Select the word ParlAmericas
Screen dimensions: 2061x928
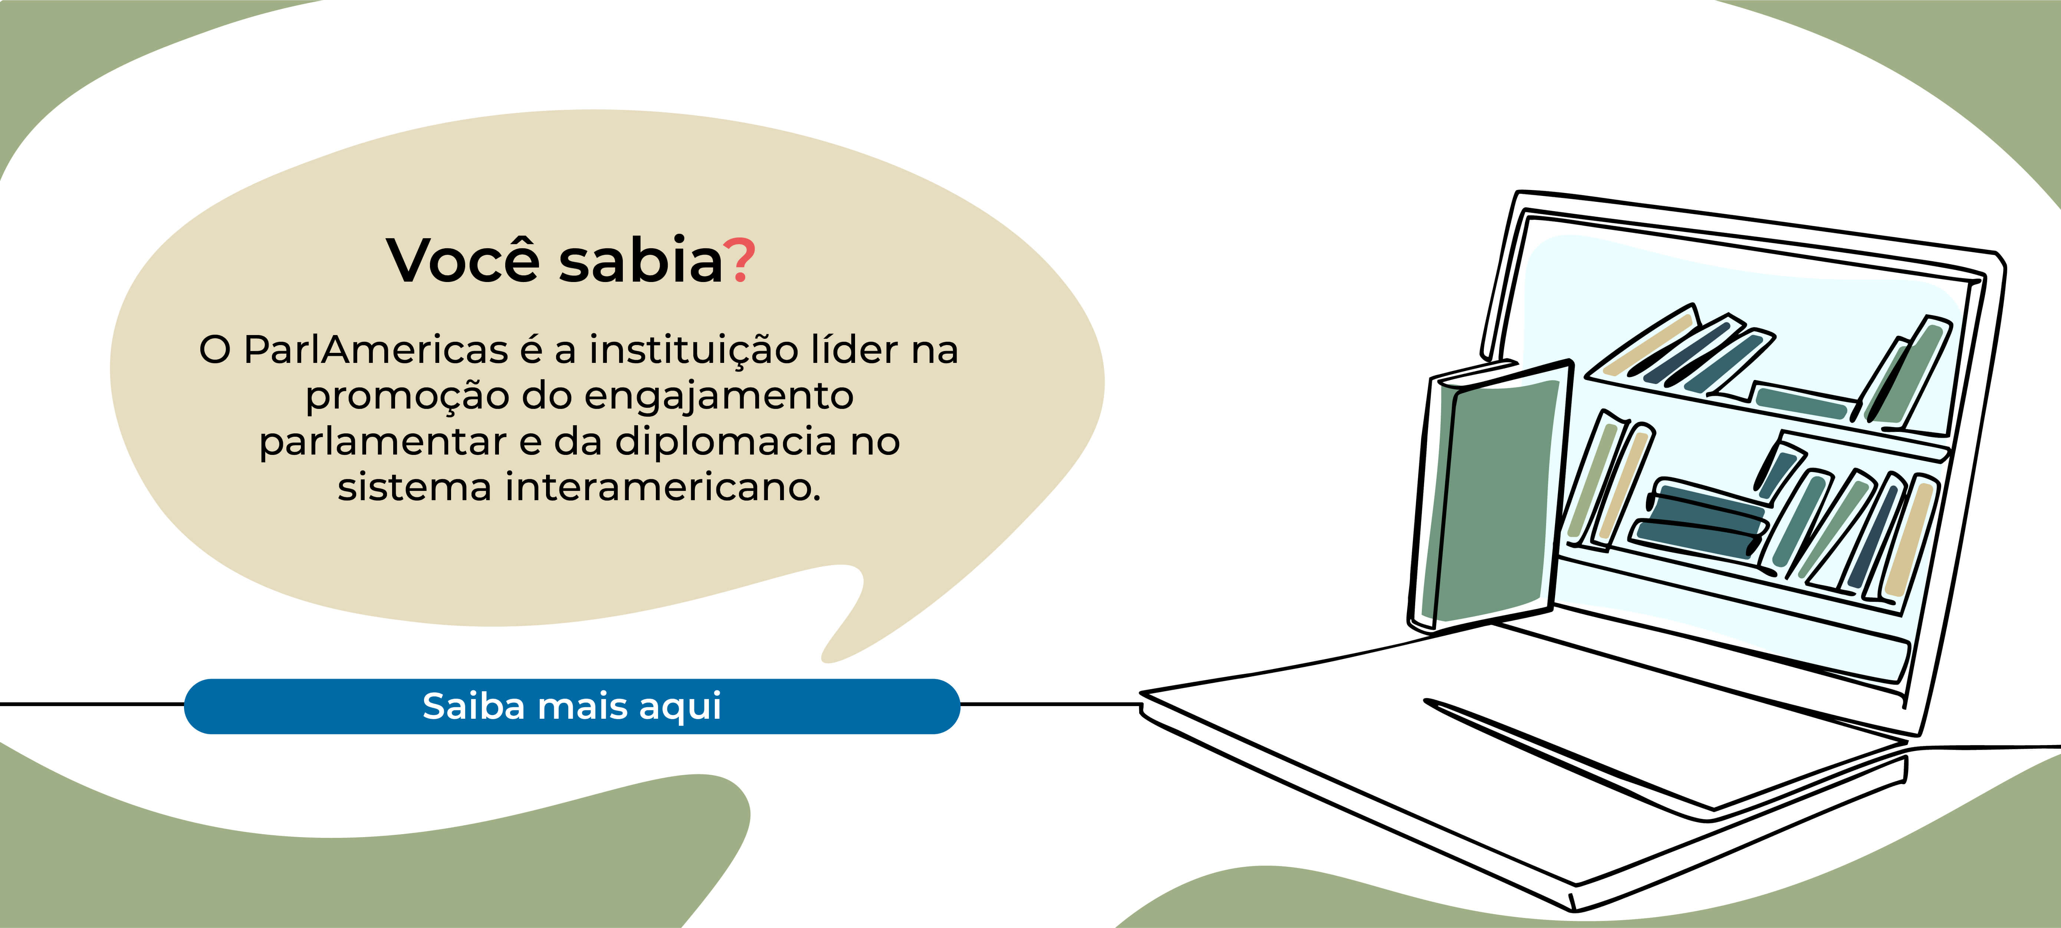(376, 350)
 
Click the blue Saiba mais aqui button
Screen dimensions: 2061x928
(572, 706)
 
